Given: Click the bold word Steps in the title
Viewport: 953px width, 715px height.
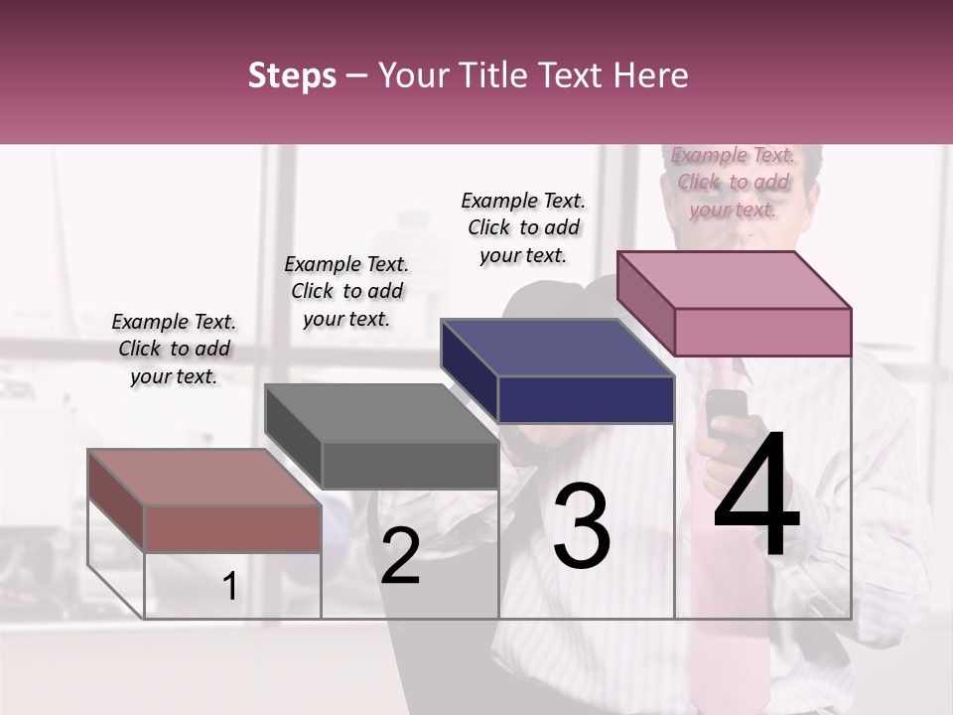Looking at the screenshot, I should tap(292, 75).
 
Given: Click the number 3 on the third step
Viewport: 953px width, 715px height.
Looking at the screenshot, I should tap(582, 526).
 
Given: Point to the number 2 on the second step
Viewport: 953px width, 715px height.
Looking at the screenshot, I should tap(400, 556).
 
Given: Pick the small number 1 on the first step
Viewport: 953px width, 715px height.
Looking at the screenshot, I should tap(230, 587).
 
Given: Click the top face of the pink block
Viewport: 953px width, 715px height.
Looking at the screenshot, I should tap(733, 279).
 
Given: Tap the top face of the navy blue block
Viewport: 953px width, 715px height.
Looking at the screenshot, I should tap(556, 348).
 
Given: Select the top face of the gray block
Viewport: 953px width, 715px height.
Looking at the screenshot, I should tap(380, 413).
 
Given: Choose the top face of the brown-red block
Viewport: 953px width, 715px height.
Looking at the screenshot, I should tap(204, 478).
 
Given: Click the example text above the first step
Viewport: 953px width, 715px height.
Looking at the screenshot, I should tap(174, 349).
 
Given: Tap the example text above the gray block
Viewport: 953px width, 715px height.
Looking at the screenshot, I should tap(346, 291).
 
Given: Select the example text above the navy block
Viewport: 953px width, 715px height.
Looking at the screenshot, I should tap(523, 227).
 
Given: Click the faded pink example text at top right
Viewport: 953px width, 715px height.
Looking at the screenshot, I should tap(733, 182).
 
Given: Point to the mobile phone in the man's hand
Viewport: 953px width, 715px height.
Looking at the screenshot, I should tap(727, 409).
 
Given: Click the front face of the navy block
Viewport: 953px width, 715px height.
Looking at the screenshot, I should tap(586, 399).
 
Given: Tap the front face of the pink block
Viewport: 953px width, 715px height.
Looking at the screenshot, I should tap(762, 332).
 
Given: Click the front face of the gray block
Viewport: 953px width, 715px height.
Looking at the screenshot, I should tap(410, 465).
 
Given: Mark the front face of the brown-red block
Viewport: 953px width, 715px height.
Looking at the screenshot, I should tap(233, 528).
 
